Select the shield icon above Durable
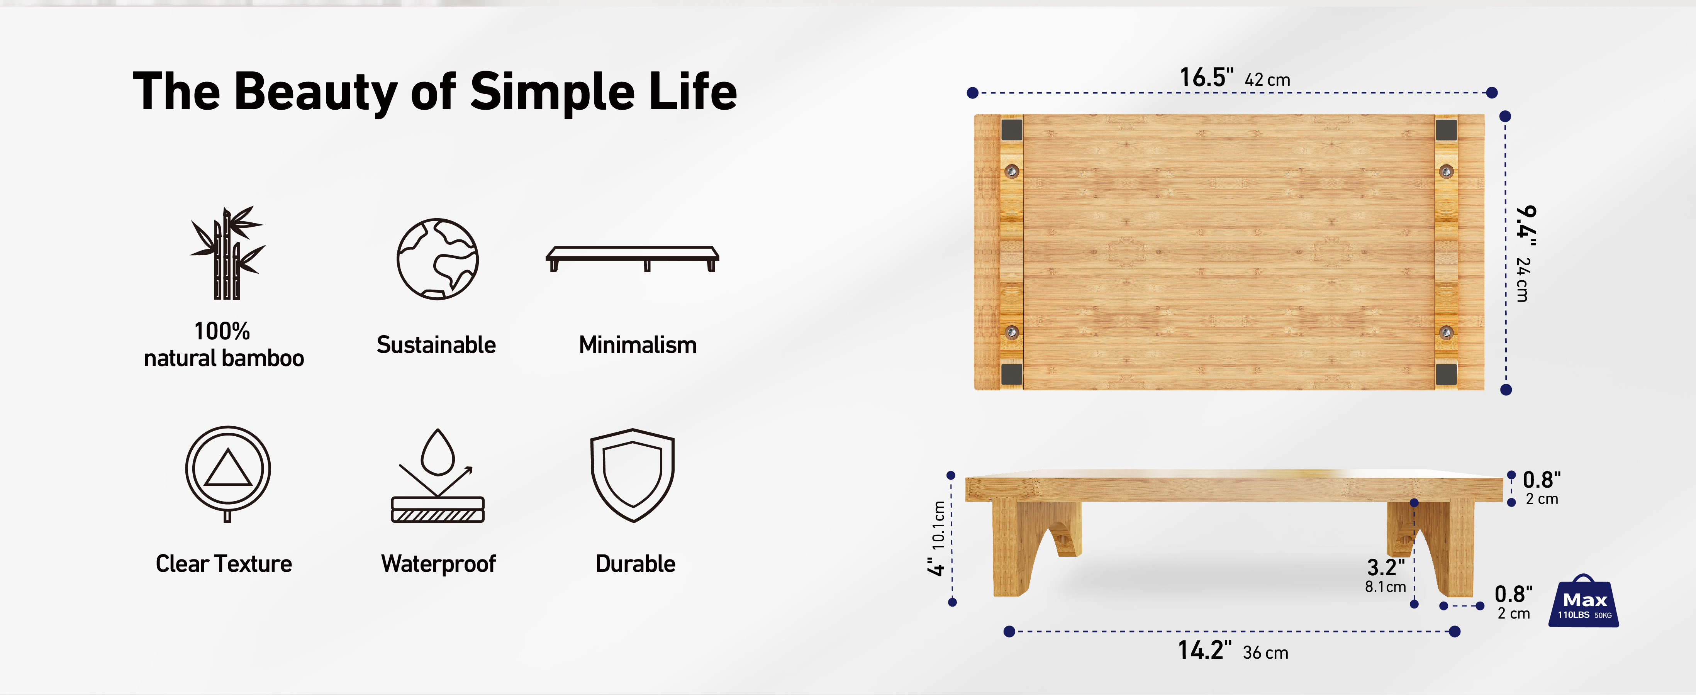633,475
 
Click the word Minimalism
637,345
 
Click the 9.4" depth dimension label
1526,226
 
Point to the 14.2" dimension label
1204,650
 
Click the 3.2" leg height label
1385,567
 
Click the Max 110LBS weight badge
1584,602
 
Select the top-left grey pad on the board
1012,130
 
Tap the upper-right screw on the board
1446,172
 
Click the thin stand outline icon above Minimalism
632,259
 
